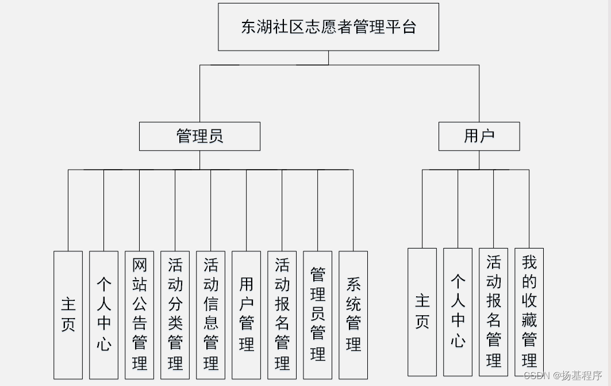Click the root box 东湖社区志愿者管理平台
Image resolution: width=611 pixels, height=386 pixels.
(328, 27)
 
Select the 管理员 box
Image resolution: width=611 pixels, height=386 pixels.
(199, 136)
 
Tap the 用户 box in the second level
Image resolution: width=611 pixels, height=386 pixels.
(479, 136)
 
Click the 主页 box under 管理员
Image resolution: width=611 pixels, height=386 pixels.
(68, 315)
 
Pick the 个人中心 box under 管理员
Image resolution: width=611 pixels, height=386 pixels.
(103, 315)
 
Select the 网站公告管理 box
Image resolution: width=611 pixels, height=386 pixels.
(139, 315)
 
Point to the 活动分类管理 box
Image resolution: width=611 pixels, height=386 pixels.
(175, 315)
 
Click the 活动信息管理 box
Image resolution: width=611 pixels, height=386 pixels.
(210, 315)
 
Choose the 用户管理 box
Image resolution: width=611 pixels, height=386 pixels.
(246, 315)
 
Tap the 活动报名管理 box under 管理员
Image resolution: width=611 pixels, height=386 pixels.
(282, 315)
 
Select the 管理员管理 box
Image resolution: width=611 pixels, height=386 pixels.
(317, 315)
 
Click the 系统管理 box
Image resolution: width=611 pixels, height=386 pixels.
(353, 315)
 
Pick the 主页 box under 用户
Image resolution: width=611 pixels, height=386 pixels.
(422, 312)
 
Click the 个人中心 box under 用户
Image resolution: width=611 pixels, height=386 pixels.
(458, 312)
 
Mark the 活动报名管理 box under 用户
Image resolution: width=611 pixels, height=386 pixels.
(493, 312)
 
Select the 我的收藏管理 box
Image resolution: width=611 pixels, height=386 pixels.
(529, 312)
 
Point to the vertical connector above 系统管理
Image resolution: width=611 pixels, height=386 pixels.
(353, 210)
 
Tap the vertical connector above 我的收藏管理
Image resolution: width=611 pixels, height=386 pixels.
(529, 208)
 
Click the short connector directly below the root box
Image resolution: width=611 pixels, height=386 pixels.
(328, 58)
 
